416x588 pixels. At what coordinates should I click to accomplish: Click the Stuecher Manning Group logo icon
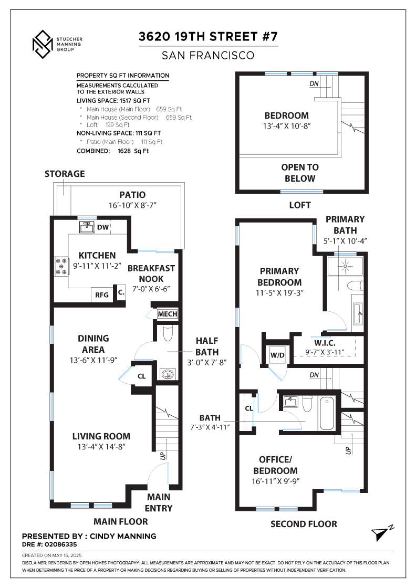(43, 44)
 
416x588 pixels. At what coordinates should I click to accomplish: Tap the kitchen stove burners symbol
(61, 266)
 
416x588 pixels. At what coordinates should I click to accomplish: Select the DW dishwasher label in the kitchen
(103, 227)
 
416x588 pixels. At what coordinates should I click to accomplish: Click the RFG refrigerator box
(102, 295)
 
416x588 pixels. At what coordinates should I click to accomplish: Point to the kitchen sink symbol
(87, 227)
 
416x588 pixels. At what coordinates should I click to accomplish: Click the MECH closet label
(168, 314)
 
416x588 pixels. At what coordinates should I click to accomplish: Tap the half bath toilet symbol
(168, 333)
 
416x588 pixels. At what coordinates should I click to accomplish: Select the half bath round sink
(167, 374)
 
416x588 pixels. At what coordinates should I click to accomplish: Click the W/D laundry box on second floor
(277, 355)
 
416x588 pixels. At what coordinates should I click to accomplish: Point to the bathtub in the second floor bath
(327, 414)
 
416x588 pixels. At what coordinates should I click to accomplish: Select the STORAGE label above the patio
(65, 174)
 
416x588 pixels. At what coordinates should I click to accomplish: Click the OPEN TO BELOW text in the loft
(300, 173)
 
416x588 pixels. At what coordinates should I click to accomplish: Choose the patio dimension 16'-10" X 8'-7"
(132, 205)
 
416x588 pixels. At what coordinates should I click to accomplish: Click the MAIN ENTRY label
(159, 502)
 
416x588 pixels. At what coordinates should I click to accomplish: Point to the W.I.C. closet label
(325, 343)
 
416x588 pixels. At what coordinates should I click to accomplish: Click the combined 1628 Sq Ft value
(133, 151)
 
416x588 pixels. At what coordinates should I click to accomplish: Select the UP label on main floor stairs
(163, 456)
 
